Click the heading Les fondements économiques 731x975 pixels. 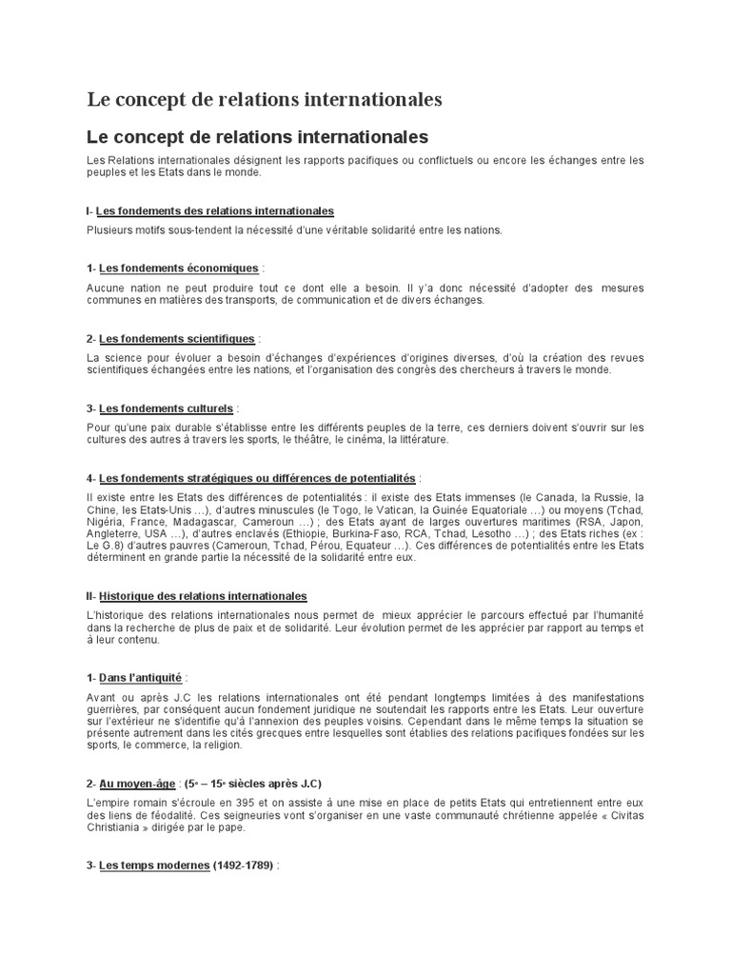tap(178, 269)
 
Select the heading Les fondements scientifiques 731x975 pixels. tap(177, 338)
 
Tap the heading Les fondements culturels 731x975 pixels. tap(166, 408)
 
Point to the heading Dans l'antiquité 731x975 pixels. tap(141, 678)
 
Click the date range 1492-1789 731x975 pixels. tap(235, 866)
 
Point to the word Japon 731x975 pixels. tap(624, 521)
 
